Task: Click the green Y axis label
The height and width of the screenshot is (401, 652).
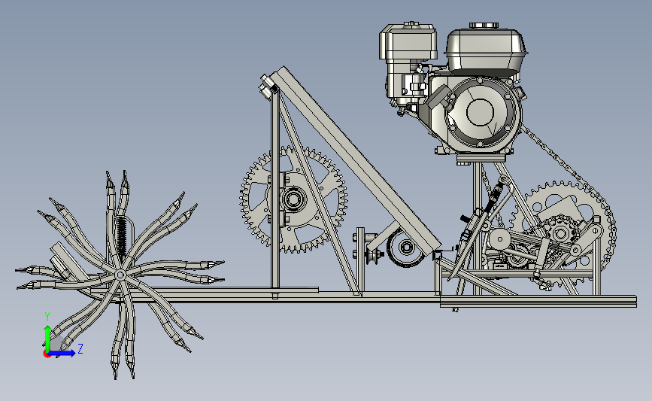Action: pos(47,317)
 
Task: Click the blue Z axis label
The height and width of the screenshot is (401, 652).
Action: pos(80,348)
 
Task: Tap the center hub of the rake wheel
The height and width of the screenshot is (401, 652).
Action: pos(120,275)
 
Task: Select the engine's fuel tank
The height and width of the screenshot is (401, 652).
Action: pos(486,50)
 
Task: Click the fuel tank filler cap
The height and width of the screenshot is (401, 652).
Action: pos(484,26)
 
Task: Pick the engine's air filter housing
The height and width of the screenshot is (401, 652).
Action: pos(408,41)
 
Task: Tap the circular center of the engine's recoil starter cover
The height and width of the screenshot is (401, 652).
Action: pos(481,112)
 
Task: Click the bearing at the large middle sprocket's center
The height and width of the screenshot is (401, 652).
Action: pos(293,199)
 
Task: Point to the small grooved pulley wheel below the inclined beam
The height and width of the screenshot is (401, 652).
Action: pos(405,248)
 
